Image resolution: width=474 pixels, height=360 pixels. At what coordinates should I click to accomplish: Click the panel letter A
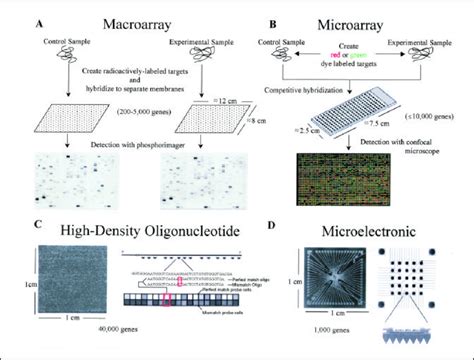(x=39, y=16)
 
